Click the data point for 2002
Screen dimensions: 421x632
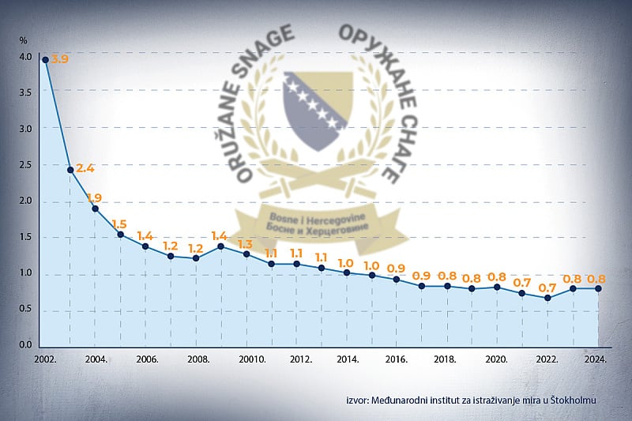[46, 59]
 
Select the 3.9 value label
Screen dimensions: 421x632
[61, 59]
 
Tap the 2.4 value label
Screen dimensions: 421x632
[85, 167]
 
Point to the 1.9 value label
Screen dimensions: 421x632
[95, 197]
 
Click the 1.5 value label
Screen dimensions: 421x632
[120, 224]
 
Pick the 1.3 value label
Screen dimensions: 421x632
[246, 244]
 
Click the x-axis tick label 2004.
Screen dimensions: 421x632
[96, 359]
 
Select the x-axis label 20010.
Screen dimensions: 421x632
[251, 359]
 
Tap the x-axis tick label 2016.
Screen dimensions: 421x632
[396, 359]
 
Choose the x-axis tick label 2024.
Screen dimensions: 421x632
[595, 359]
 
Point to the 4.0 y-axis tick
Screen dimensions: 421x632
[26, 57]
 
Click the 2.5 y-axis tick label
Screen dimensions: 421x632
[26, 165]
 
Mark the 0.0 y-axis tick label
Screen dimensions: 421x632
[26, 345]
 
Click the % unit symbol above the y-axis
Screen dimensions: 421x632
[23, 39]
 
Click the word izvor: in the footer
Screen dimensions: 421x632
[358, 400]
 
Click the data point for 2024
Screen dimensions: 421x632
[598, 288]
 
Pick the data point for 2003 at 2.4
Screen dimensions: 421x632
[70, 170]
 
